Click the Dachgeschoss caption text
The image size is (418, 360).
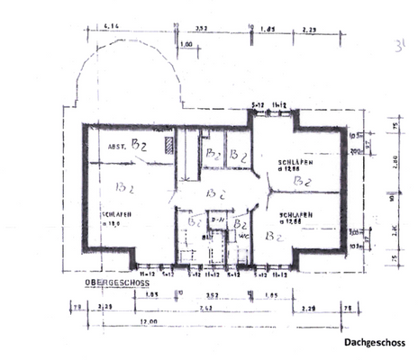pyautogui.click(x=374, y=343)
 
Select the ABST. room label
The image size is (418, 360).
pyautogui.click(x=118, y=146)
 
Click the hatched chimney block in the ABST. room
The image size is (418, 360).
pyautogui.click(x=167, y=145)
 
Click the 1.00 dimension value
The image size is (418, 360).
pyautogui.click(x=187, y=43)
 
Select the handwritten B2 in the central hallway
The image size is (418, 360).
pyautogui.click(x=214, y=192)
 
